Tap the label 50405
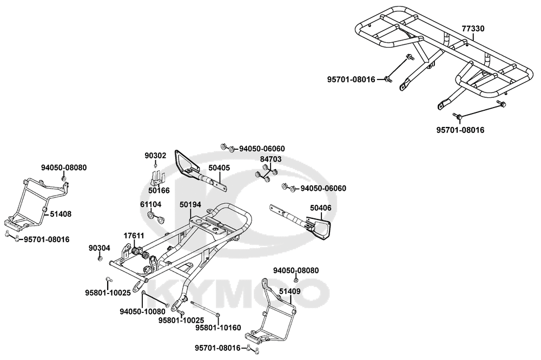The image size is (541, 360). (x=219, y=168)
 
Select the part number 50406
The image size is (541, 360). (x=321, y=208)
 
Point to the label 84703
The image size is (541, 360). (x=270, y=159)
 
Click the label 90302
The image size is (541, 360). (x=155, y=156)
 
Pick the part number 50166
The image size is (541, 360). (x=159, y=190)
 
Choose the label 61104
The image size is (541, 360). (x=151, y=205)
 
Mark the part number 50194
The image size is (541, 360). (x=190, y=205)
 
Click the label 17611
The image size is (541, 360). (x=134, y=236)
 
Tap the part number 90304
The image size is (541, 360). (x=100, y=248)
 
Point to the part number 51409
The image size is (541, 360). (x=290, y=291)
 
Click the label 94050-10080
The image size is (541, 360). (x=142, y=312)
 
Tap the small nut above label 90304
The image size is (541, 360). (x=100, y=259)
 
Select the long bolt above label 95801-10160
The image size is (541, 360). (x=204, y=312)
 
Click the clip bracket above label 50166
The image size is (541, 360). (x=156, y=177)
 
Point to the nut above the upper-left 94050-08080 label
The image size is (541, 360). (x=64, y=178)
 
